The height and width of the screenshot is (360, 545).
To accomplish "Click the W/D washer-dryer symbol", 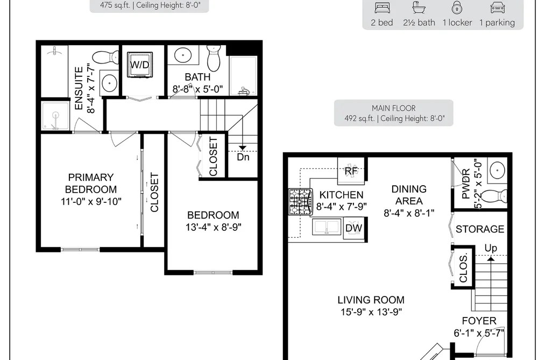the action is [140, 65].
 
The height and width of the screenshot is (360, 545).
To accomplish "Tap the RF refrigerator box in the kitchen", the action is [351, 171].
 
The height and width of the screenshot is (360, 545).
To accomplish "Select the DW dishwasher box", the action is [354, 228].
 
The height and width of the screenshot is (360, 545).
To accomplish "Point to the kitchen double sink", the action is [327, 227].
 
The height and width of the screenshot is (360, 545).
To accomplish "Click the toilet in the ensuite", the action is [106, 57].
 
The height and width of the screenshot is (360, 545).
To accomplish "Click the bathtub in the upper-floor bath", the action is [243, 76].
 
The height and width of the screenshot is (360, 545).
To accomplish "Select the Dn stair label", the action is [243, 157].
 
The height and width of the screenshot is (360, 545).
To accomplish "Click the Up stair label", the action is [491, 248].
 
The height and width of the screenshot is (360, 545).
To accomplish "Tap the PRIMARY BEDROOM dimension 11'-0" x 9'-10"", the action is [91, 201].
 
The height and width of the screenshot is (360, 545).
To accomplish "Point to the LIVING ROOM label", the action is [371, 300].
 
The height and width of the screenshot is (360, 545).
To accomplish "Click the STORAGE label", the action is [480, 229].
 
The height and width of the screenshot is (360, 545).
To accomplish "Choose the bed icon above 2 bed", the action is [383, 8].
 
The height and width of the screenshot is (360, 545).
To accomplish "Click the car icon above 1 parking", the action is [497, 8].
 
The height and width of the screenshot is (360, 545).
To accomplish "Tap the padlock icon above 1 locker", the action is [457, 8].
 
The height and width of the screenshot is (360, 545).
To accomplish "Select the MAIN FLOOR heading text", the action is [394, 108].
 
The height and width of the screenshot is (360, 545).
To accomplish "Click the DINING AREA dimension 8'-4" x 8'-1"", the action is [409, 213].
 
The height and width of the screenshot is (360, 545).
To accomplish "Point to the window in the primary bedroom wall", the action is [80, 250].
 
